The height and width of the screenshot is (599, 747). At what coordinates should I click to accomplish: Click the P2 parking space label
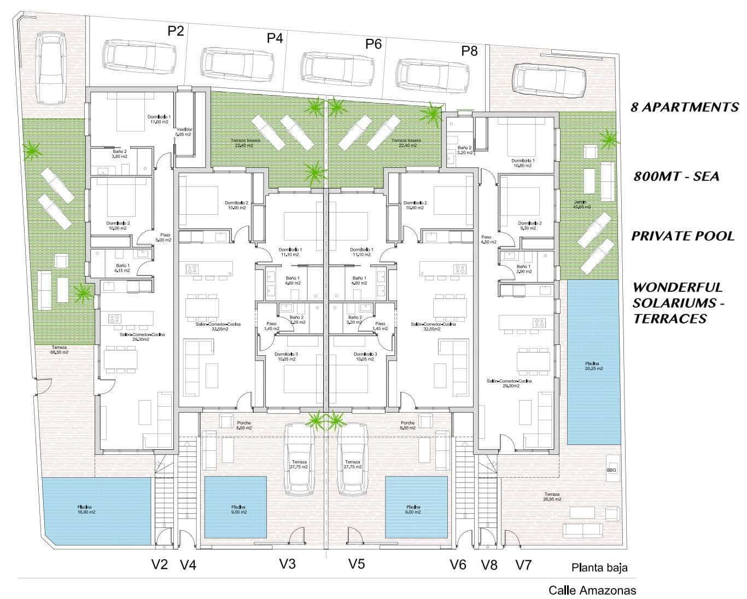[176, 31]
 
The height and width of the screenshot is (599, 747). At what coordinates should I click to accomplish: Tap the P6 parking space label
[373, 44]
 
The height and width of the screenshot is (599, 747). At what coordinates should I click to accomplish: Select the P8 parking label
[469, 51]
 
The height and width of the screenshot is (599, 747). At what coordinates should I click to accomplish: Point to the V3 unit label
[287, 563]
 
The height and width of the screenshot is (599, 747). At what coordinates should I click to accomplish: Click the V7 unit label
[523, 564]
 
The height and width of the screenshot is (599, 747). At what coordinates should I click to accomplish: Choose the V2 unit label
[159, 564]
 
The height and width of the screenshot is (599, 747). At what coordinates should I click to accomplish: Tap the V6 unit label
[458, 564]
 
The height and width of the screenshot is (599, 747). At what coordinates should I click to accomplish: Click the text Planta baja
[599, 567]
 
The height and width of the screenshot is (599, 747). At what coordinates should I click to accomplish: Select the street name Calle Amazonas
[592, 590]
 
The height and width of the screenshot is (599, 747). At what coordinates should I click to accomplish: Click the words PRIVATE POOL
[682, 236]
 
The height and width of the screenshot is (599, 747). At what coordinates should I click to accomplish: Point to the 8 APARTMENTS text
[685, 107]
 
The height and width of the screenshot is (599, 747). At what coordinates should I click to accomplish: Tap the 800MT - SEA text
[676, 176]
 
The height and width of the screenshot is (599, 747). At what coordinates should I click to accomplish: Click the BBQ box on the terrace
[611, 469]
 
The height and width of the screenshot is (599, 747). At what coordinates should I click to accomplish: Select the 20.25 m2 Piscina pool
[593, 362]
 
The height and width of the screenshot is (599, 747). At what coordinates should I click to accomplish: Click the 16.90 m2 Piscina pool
[97, 510]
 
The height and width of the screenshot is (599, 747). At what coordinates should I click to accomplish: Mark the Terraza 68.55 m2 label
[60, 350]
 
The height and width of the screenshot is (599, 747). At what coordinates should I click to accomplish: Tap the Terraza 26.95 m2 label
[552, 496]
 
